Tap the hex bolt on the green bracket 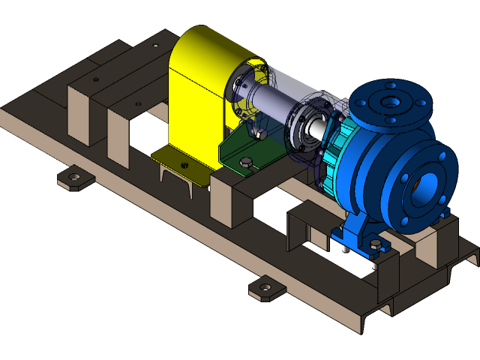246,161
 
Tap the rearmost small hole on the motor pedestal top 155,45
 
